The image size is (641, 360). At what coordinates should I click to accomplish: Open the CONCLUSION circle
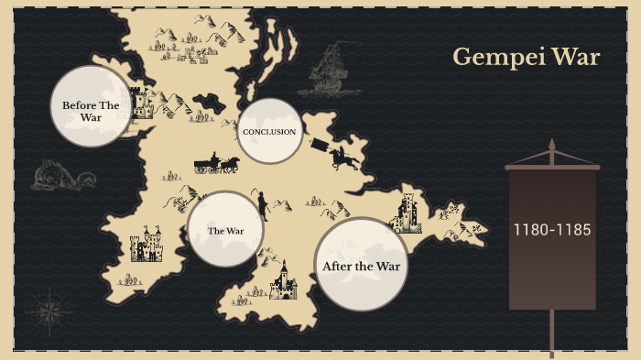(269, 132)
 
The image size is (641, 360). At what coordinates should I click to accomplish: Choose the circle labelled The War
(225, 230)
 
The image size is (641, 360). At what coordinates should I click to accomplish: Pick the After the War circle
(362, 266)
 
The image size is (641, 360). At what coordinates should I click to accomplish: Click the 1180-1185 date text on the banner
(552, 229)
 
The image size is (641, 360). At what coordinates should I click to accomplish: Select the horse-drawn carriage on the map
(216, 164)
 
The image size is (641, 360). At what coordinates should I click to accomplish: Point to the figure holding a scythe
(261, 204)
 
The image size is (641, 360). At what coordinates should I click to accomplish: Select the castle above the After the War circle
(406, 213)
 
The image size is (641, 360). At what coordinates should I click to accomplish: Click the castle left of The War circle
(146, 245)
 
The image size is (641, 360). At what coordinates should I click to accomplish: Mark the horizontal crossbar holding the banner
(552, 168)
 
